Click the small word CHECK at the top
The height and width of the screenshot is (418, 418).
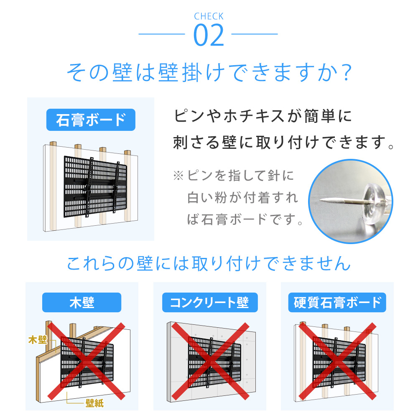point(209,17)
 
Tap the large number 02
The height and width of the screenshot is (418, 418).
point(209,36)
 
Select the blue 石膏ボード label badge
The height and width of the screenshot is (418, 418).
point(91,120)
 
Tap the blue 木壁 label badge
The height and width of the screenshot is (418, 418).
point(82,302)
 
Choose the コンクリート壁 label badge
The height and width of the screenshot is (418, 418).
point(209,302)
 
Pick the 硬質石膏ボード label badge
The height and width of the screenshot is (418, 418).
point(337,302)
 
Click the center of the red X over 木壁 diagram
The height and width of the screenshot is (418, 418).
point(86,361)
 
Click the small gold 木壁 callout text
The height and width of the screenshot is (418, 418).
point(37,339)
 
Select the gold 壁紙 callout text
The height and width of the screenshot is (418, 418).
point(94,403)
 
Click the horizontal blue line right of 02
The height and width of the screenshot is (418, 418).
point(255,34)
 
